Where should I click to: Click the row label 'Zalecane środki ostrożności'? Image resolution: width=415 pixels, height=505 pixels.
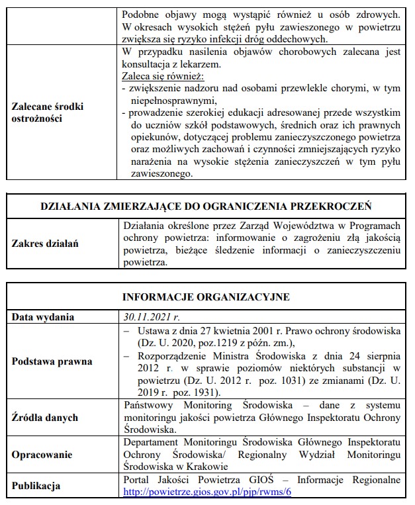click(48, 111)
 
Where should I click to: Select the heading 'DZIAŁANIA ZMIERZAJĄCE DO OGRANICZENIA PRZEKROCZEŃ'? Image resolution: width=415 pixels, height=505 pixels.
click(207, 206)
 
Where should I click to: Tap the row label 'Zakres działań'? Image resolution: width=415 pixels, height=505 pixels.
click(45, 244)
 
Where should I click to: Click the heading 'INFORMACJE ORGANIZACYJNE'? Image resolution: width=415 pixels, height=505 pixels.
click(207, 296)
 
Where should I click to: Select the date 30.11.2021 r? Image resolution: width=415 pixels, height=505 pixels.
click(151, 316)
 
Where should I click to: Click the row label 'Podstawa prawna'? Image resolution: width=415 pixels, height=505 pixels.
click(52, 361)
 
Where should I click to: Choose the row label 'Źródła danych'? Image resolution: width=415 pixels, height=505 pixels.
click(45, 417)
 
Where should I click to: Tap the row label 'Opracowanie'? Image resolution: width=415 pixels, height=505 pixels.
click(43, 456)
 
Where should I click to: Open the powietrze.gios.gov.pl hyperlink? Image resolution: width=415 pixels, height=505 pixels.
click(208, 492)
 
